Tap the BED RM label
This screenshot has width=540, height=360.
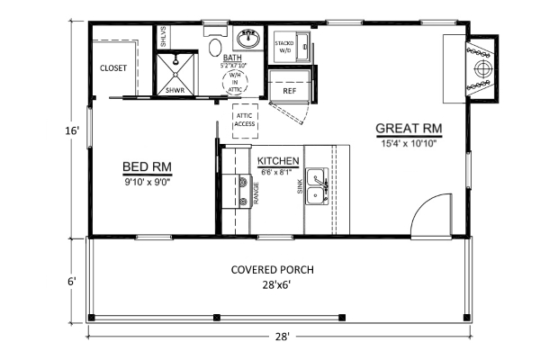coord(147,166)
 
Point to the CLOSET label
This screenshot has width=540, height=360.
coord(112,68)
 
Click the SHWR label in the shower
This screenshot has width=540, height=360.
coord(173,90)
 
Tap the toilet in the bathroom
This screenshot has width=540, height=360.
coord(216,47)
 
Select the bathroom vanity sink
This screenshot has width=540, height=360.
coord(248,40)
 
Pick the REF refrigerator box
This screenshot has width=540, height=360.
coord(290,91)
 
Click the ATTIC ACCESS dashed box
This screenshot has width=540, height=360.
coord(245,120)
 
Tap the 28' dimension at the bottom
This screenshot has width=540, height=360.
coord(282,337)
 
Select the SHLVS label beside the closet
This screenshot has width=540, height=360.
coord(163,39)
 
